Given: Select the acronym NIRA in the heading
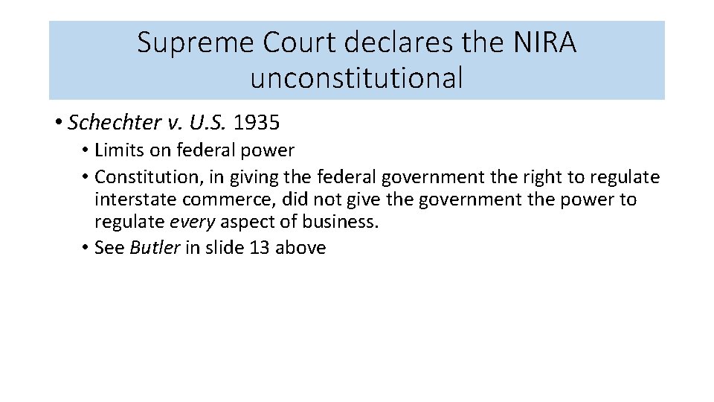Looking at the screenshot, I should pos(544,43).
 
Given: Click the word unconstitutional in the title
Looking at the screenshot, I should pos(356,77).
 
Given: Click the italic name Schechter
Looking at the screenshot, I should pos(106,122).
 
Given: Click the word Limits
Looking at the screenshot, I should pos(120,150).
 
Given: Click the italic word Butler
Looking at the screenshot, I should pos(155,248).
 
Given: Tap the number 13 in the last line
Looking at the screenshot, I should pos(260,248).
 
